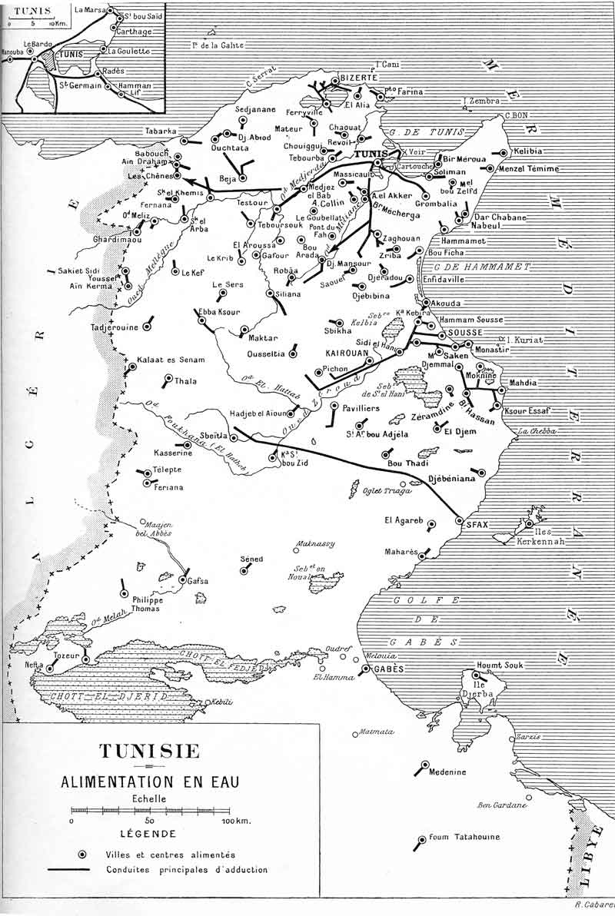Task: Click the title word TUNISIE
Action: [x=149, y=751]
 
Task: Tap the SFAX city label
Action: [x=478, y=524]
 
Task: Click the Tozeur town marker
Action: [x=85, y=659]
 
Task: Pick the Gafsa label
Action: [x=198, y=581]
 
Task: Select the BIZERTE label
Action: [x=360, y=78]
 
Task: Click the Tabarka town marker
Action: [x=184, y=140]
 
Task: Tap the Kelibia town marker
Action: [x=503, y=153]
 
